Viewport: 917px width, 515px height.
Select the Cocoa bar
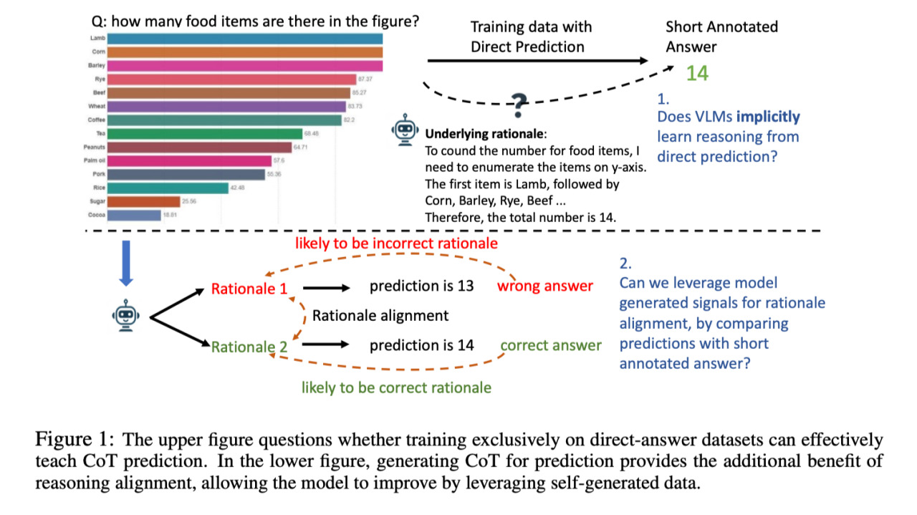coord(135,215)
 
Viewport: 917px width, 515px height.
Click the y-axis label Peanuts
coord(95,147)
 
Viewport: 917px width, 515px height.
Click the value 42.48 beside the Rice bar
coord(238,188)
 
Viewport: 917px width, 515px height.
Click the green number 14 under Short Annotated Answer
coord(697,73)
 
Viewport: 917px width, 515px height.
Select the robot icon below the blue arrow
coord(126,315)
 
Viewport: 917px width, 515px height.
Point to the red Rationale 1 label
coord(249,289)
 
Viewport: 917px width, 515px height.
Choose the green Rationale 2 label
coord(249,347)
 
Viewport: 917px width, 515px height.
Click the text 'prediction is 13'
coord(421,286)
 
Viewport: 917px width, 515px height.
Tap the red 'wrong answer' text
coord(545,287)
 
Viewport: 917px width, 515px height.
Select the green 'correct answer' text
coord(550,345)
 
